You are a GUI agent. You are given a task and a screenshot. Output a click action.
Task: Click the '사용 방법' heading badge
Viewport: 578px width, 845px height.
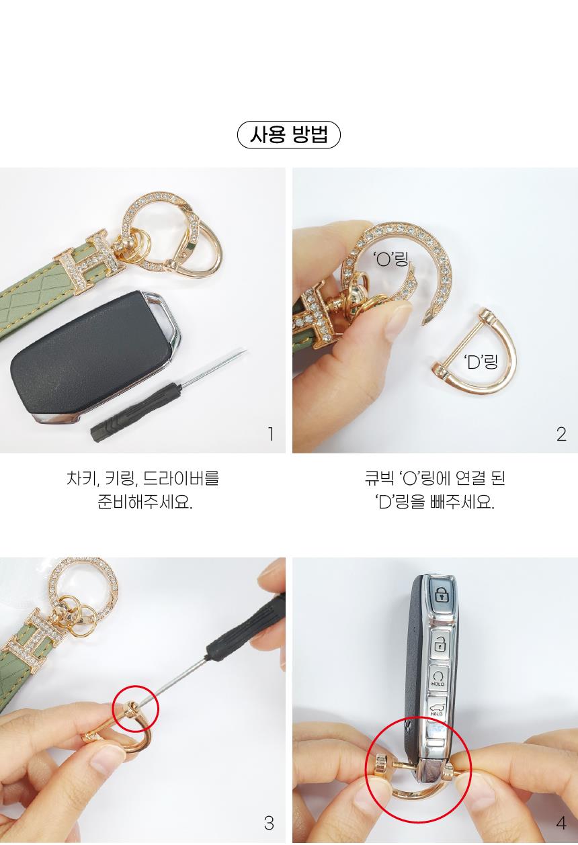[x=289, y=134]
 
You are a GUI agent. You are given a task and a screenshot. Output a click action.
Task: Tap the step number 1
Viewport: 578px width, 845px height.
[x=270, y=434]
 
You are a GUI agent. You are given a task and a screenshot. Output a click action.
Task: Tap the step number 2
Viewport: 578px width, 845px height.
[x=561, y=434]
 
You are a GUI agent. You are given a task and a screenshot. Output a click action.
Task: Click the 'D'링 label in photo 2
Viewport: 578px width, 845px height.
[x=481, y=362]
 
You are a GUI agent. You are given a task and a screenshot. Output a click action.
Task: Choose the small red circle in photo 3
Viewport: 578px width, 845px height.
[x=136, y=709]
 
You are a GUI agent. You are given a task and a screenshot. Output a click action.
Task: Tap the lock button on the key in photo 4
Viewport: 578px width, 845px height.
[x=440, y=595]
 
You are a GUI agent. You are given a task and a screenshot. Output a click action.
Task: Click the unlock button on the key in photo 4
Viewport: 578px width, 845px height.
[x=439, y=644]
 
